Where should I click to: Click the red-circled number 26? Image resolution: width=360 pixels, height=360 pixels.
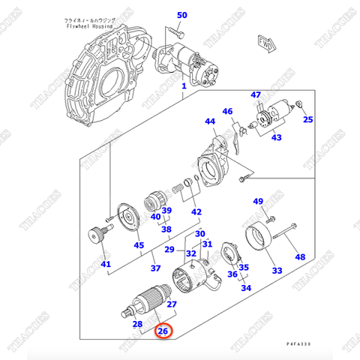click(163, 330)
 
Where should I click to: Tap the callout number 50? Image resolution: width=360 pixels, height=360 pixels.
click(182, 15)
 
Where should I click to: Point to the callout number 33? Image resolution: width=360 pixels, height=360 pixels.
click(277, 270)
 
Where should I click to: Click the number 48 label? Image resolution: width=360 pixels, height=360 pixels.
click(300, 257)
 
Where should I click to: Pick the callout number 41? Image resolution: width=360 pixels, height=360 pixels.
click(105, 264)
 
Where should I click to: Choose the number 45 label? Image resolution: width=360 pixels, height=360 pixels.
click(139, 244)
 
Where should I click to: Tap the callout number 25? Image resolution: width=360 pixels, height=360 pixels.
click(308, 119)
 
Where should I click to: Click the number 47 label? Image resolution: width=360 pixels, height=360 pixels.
click(256, 94)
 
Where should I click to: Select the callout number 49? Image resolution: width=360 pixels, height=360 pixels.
click(257, 201)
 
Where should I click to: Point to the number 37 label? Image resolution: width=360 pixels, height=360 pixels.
click(156, 268)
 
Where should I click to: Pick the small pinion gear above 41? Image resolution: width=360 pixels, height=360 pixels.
click(97, 236)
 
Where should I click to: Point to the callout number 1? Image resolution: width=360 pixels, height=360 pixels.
click(182, 87)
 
